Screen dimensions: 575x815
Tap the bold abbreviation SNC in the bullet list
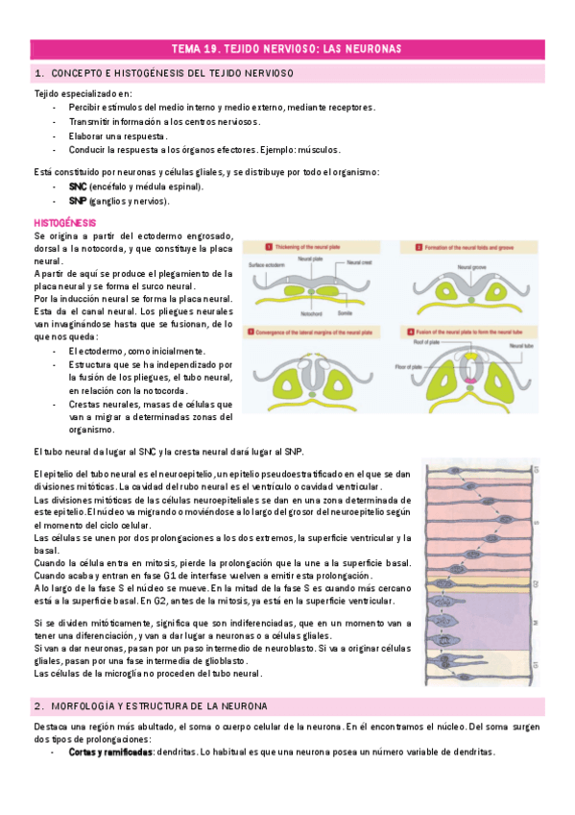pyautogui.click(x=78, y=186)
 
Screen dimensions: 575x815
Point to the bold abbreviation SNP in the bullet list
pyautogui.click(x=78, y=201)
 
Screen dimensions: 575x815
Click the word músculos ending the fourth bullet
pyautogui.click(x=319, y=150)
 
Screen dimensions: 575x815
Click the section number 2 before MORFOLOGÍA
pyautogui.click(x=37, y=706)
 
